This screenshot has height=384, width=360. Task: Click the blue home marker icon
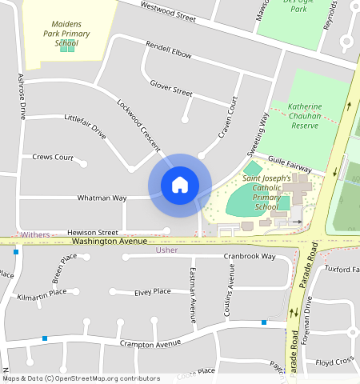(180, 185)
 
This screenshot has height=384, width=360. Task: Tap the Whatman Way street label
(102, 198)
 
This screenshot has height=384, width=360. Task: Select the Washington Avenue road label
(109, 240)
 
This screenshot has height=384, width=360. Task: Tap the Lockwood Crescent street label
(138, 126)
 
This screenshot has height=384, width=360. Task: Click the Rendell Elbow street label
(169, 50)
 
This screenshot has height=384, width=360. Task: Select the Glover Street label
(171, 86)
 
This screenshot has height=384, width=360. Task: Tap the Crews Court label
(53, 158)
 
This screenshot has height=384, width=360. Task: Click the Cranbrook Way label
(250, 257)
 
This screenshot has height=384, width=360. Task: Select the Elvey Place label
(152, 292)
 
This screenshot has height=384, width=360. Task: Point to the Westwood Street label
(168, 11)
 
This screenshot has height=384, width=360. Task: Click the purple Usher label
(166, 250)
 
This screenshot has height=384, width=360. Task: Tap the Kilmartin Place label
(42, 295)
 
